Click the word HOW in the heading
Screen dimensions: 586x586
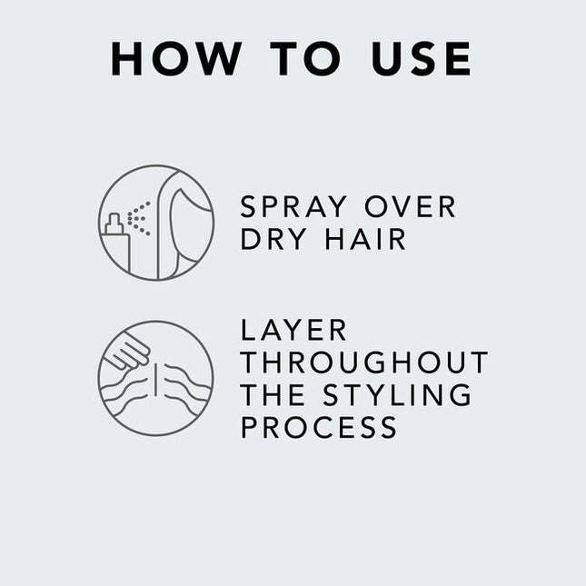[x=175, y=58]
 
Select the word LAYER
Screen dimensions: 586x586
[x=294, y=330]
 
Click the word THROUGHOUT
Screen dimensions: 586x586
[x=364, y=363]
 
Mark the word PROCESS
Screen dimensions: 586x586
[x=319, y=427]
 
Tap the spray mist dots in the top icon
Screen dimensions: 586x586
[x=138, y=218]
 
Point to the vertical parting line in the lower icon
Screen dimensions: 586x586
[x=156, y=378]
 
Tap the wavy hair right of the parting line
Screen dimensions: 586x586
[x=186, y=382]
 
